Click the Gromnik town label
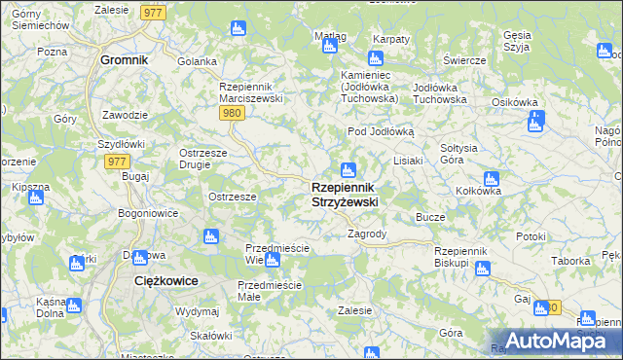[125, 59]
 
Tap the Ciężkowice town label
[165, 280]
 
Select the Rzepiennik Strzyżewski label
[345, 194]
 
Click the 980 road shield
[231, 113]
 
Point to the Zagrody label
[368, 234]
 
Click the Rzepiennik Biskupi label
[465, 257]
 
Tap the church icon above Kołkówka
[492, 179]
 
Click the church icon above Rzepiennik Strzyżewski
[348, 170]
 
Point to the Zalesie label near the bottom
[354, 310]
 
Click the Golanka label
[197, 61]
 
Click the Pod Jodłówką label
[382, 131]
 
